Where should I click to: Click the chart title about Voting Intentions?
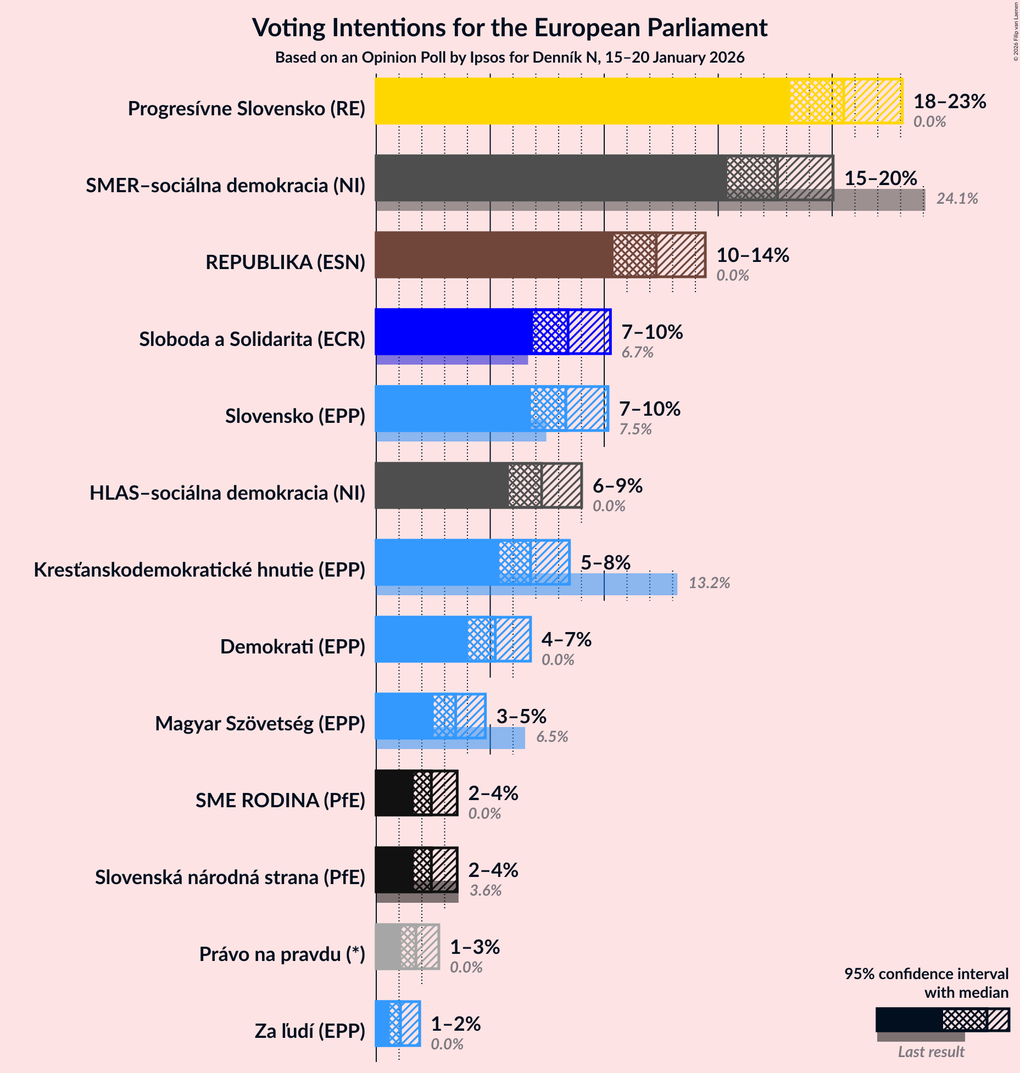point(509,28)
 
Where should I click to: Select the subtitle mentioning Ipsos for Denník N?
point(509,58)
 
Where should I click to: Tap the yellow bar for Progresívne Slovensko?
point(582,101)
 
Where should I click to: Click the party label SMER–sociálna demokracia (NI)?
point(225,186)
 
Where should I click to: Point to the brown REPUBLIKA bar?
point(494,255)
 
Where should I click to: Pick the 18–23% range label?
point(949,101)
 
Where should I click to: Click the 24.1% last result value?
point(957,199)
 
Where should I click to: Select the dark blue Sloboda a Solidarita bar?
point(454,332)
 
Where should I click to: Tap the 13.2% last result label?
point(709,583)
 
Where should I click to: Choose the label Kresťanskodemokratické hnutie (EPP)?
point(199,570)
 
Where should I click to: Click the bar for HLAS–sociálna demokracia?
point(442,485)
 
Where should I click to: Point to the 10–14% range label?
point(753,255)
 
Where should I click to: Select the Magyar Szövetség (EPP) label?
point(260,724)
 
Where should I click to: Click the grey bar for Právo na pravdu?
point(388,947)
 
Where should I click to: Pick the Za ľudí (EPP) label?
point(310,1031)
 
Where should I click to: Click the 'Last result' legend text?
point(930,1052)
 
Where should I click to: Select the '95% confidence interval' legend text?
point(926,974)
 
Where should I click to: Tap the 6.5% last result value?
point(552,737)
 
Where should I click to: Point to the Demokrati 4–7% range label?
point(566,639)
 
